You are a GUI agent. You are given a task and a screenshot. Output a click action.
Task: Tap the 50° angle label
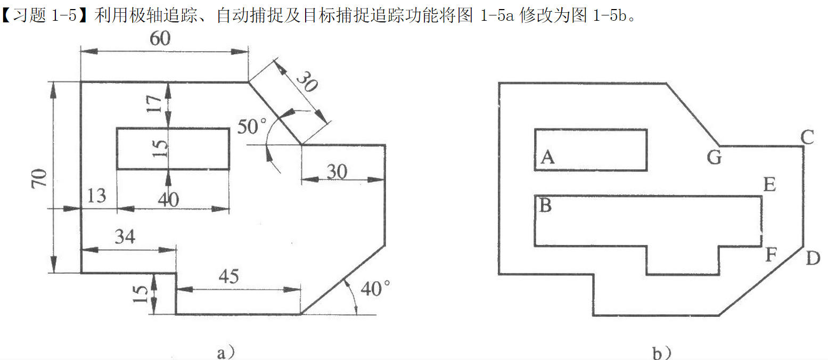(x=252, y=127)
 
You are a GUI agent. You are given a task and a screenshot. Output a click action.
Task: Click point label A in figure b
(x=547, y=157)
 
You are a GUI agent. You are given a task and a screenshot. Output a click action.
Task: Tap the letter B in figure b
(x=545, y=206)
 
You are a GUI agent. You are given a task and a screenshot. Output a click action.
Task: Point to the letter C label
(x=807, y=138)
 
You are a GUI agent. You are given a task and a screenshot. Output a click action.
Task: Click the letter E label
(x=769, y=185)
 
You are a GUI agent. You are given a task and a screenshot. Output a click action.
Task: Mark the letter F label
(x=771, y=256)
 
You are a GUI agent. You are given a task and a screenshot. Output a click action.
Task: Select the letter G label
(x=715, y=158)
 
